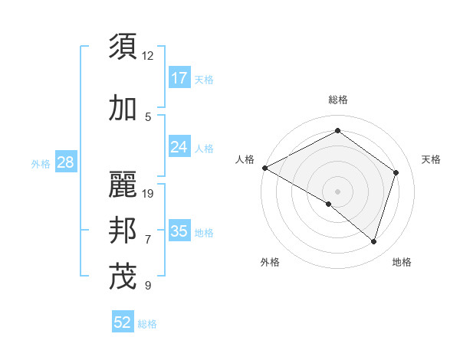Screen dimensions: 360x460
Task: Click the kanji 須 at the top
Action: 123,47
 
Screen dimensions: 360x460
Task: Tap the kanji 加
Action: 123,109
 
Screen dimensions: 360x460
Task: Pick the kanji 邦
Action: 123,231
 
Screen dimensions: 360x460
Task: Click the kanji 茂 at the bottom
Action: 123,277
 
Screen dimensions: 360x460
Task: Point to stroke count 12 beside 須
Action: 148,56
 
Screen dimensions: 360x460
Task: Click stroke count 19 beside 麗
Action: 149,194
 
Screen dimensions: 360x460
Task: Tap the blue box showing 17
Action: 179,78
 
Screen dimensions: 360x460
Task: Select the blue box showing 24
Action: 179,147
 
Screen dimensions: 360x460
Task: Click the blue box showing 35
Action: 179,231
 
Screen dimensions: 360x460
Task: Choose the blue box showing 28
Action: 65,162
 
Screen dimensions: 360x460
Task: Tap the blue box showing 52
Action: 123,323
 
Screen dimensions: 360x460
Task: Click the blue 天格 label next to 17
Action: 204,80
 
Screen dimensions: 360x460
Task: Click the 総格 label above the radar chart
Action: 337,100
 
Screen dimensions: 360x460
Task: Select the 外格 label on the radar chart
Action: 270,263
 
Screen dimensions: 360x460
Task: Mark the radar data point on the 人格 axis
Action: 264,168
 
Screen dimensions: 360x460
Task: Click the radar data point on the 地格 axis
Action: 373,241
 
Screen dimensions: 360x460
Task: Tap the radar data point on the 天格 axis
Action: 396,172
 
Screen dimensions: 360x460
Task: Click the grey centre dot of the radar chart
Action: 337,191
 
